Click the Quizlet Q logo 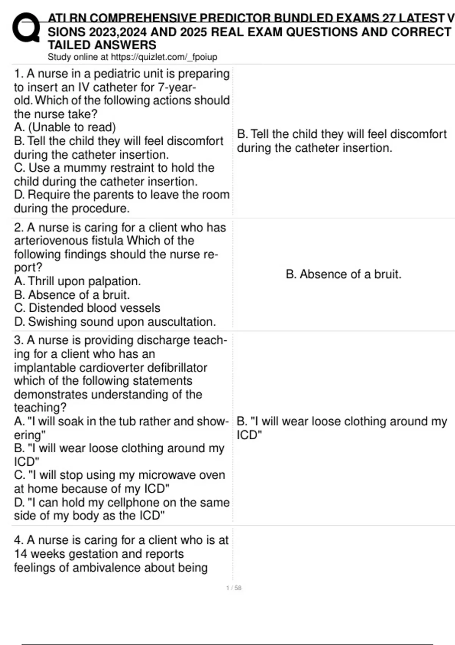26,28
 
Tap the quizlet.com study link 164,57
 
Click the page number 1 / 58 234,588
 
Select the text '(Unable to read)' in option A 72,127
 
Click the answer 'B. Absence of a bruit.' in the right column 343,274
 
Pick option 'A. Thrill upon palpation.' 77,281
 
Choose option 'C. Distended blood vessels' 87,308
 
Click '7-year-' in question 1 177,87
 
